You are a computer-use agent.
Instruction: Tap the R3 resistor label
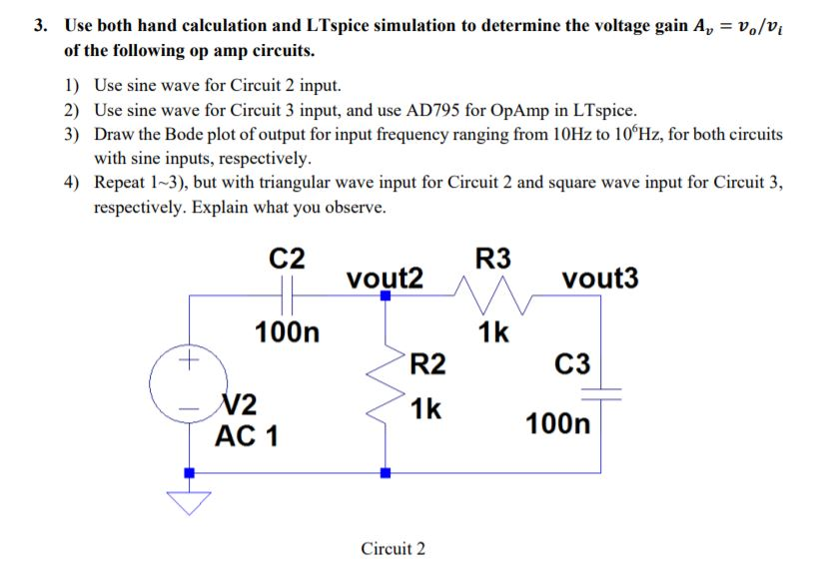point(493,258)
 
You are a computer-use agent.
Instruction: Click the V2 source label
point(240,404)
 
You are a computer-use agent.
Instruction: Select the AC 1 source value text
point(247,435)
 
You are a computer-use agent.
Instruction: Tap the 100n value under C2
point(288,331)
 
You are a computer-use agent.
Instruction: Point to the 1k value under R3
point(493,331)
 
